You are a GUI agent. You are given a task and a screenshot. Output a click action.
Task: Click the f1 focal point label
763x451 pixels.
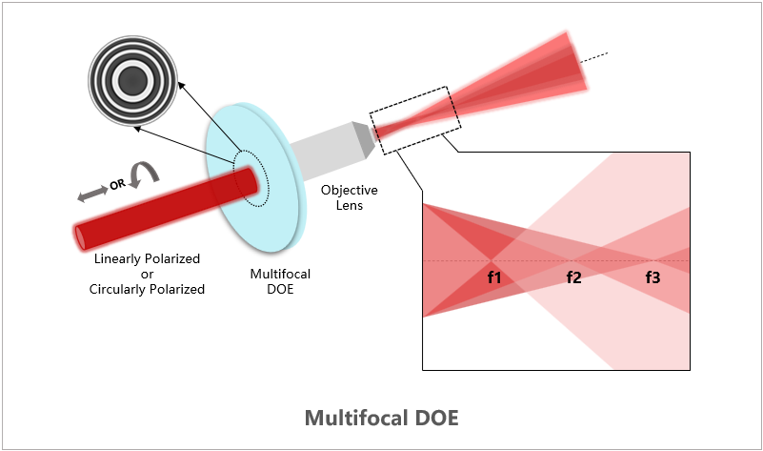[x=494, y=278]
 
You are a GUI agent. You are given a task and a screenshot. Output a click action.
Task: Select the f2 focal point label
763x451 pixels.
[x=573, y=278]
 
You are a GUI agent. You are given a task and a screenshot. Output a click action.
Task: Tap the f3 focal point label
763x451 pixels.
[x=653, y=278]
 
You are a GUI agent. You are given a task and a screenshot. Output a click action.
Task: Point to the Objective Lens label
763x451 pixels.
[x=342, y=197]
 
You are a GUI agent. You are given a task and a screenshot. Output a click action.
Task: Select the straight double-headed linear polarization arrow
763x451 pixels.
[x=92, y=194]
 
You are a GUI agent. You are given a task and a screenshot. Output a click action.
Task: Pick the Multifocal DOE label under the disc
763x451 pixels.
[x=280, y=281]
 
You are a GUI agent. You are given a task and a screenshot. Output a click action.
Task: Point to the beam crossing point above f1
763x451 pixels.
[x=493, y=260]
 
